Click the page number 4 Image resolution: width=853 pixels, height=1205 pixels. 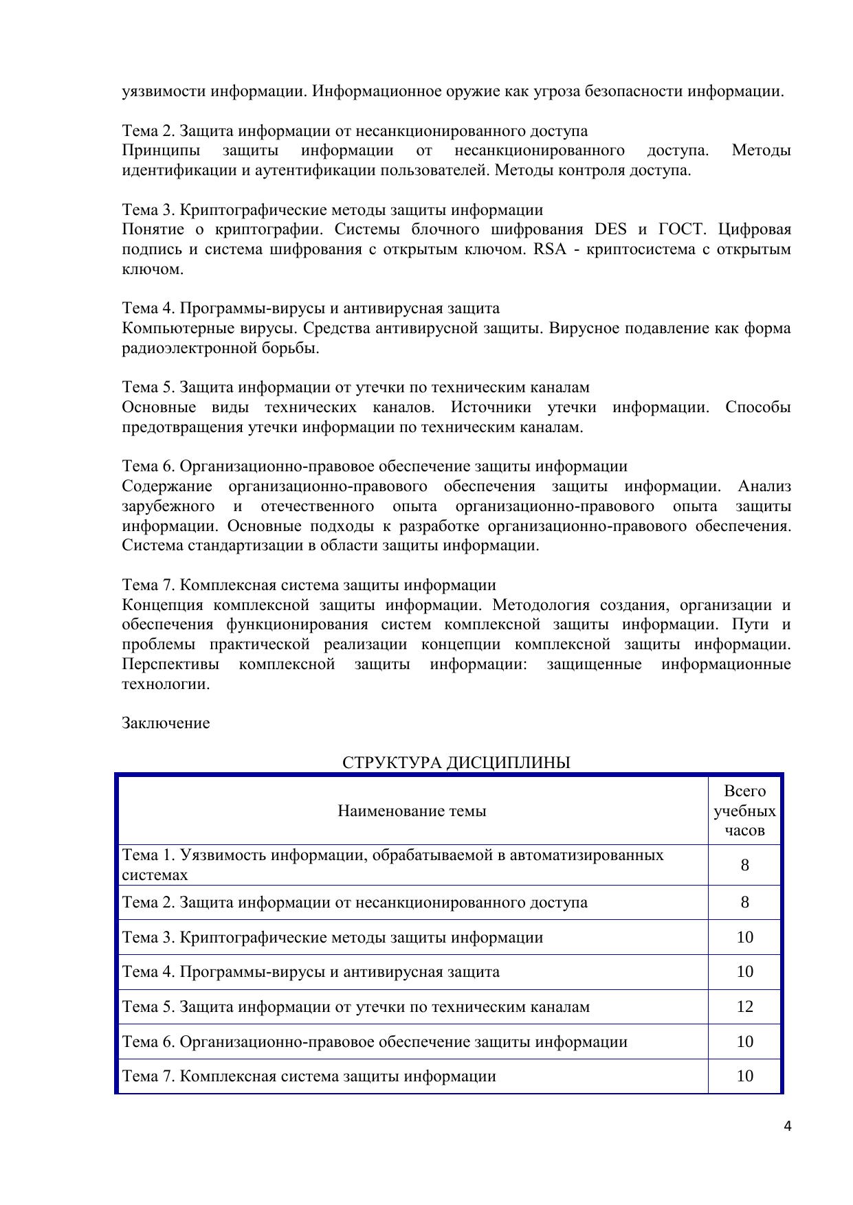click(787, 1126)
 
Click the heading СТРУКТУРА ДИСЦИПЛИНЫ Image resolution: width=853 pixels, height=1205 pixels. click(456, 763)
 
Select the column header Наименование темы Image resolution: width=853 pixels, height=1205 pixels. click(412, 811)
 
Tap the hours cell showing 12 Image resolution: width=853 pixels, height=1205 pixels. click(744, 1007)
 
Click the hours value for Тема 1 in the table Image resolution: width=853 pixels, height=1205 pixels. click(744, 865)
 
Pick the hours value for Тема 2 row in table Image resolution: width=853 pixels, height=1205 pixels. click(744, 902)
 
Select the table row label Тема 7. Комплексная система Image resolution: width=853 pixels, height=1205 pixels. click(309, 1076)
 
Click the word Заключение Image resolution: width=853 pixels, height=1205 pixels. click(166, 723)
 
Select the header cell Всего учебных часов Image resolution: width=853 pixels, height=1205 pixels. click(744, 811)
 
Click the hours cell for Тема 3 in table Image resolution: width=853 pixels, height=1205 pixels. click(744, 938)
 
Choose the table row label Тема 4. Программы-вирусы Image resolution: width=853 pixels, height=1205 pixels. click(311, 972)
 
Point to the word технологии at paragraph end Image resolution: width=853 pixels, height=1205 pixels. click(166, 684)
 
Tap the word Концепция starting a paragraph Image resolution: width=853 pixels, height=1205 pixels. click(162, 605)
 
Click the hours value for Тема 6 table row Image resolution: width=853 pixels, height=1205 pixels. click(744, 1041)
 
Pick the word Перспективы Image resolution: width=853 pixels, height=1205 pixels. click(170, 664)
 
